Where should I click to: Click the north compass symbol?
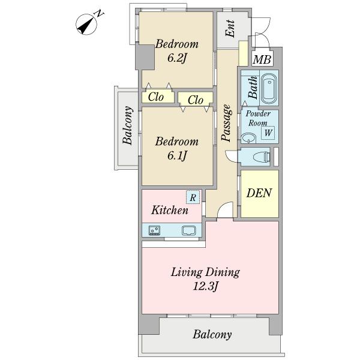point(86,24)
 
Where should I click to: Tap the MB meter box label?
point(262,59)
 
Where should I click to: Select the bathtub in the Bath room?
point(269,89)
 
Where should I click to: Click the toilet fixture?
point(261,157)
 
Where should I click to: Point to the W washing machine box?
point(268,133)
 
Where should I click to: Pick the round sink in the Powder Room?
point(249,138)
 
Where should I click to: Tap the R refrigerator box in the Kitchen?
point(193,197)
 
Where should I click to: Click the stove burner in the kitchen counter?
point(155,230)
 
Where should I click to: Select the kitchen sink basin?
point(189,230)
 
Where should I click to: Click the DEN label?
point(259,193)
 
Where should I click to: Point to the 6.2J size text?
point(176,58)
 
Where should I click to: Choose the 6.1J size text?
point(176,155)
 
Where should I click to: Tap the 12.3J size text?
point(205,286)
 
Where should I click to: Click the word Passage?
point(226,122)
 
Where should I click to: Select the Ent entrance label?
point(230,29)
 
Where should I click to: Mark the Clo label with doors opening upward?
point(156,97)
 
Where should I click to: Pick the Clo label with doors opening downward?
point(196,100)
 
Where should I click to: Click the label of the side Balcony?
point(128,125)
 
